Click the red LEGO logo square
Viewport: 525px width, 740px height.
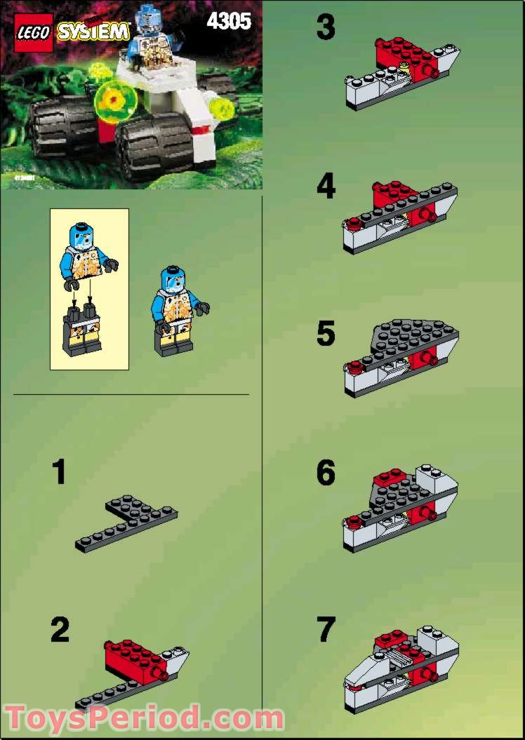coord(34,32)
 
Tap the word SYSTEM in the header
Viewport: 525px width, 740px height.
coord(93,32)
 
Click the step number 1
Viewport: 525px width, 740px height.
coord(60,472)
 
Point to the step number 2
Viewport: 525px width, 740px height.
coord(60,630)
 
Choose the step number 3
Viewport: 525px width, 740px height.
coord(326,29)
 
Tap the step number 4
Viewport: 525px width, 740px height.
coord(326,188)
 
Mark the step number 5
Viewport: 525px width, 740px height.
coord(326,335)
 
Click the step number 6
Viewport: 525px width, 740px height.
coord(326,473)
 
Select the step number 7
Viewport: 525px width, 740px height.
coord(326,629)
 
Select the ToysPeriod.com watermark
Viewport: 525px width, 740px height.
coord(144,718)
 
